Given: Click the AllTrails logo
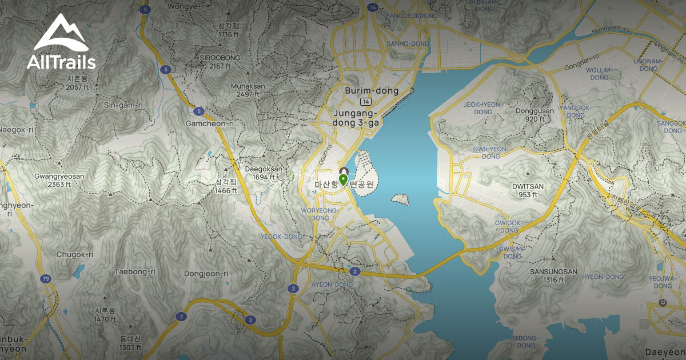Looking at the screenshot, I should coord(61,43).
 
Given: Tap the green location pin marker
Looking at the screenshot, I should coord(343,181).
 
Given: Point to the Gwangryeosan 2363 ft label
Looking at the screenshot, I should coord(59,181).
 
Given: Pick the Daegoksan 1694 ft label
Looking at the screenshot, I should coord(264,173).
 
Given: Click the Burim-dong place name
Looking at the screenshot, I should coord(372,91).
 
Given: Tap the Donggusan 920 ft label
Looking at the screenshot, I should coord(534,115).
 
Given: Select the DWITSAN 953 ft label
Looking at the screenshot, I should coord(528,190).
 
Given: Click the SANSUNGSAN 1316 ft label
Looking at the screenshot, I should coord(553,275).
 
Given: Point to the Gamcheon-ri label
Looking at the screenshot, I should coord(210,123).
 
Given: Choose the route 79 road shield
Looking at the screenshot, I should coord(45,279).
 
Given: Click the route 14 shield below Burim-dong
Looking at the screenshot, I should coord(366,101).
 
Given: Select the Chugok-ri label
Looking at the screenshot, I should coord(74,254).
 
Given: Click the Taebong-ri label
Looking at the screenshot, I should coord(135,271).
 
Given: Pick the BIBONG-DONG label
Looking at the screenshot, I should coord(525,341).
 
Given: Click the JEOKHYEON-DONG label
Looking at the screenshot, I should coord(482,108).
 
